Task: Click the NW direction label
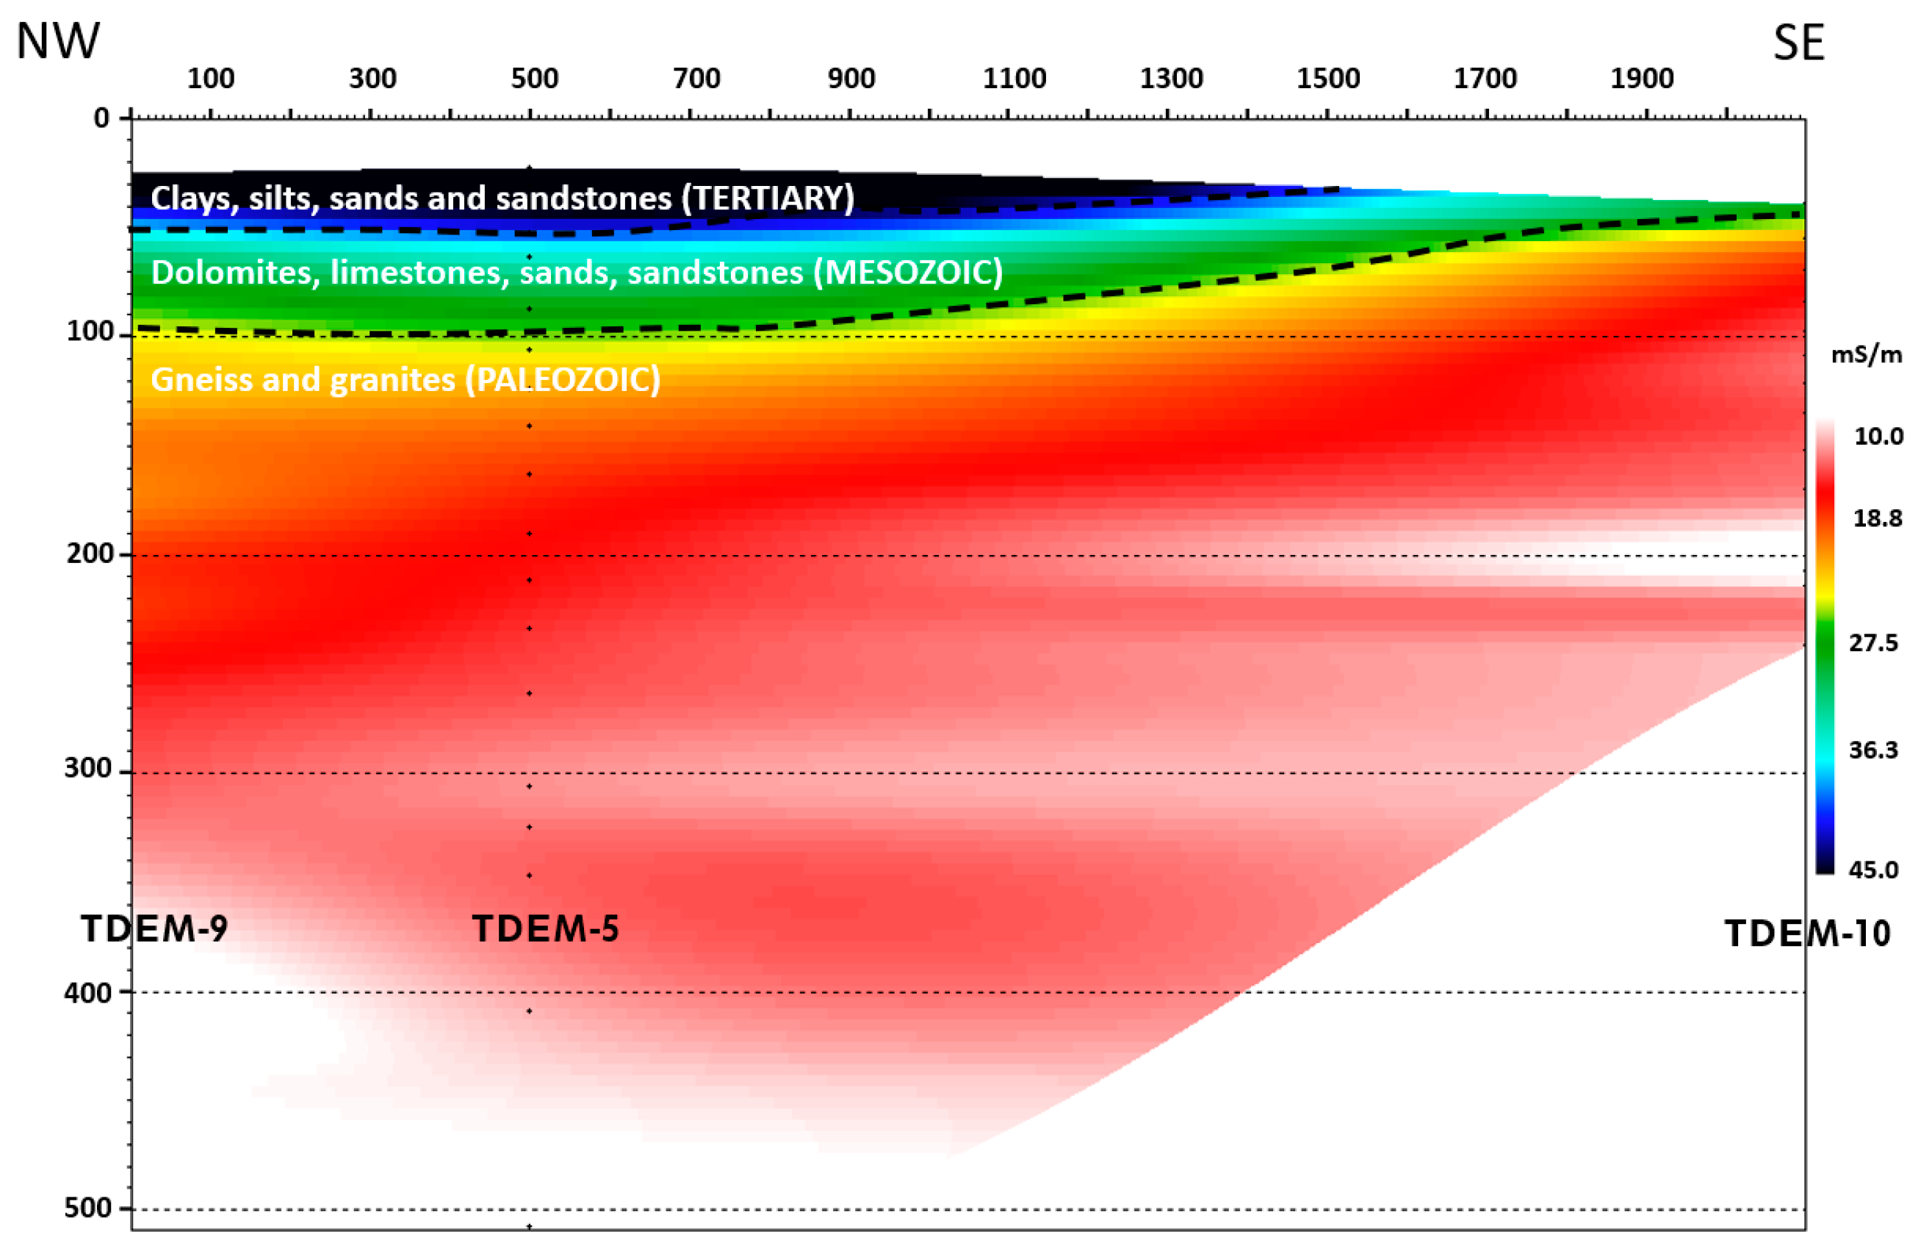coord(58,40)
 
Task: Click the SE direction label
coord(1798,43)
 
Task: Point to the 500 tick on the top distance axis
coord(534,79)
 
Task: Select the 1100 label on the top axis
coord(1014,79)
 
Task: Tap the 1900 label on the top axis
coord(1642,79)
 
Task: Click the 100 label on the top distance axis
coord(211,79)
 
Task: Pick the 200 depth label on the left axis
coord(90,554)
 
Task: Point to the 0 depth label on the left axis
coord(101,118)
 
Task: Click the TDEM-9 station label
coord(154,928)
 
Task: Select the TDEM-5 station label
coord(546,928)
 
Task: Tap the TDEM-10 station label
coord(1808,934)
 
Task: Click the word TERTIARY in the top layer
coord(768,198)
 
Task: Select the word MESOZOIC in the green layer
coord(908,272)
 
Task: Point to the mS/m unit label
coord(1866,354)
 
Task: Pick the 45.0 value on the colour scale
coord(1873,870)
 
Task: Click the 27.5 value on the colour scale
coord(1873,642)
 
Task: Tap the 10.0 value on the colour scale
coord(1878,436)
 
